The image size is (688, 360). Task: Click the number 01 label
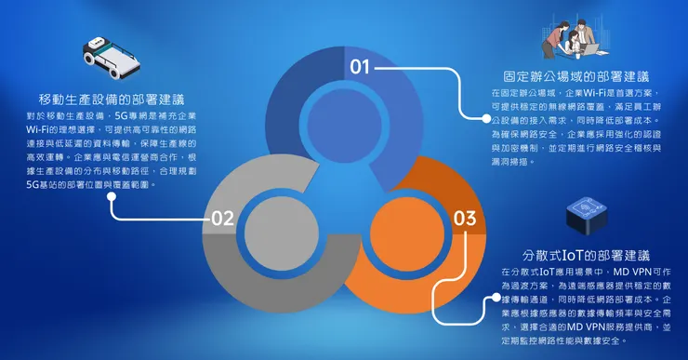click(x=360, y=67)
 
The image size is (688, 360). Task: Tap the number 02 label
click(x=221, y=220)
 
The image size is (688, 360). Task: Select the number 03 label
click(x=465, y=220)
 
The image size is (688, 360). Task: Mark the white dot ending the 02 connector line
click(x=112, y=196)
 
